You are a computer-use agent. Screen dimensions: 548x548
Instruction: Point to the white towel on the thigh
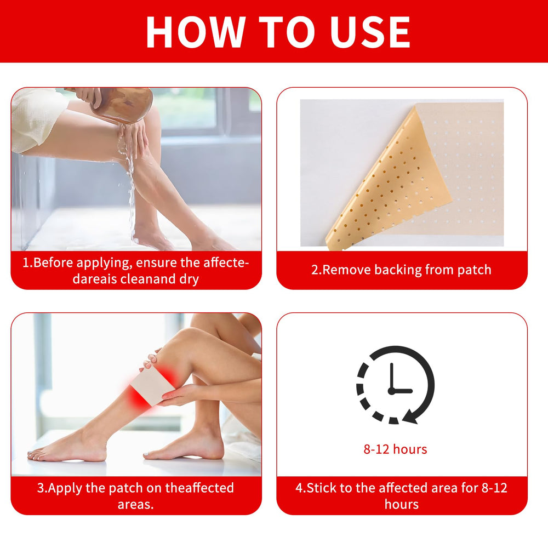pos(36,119)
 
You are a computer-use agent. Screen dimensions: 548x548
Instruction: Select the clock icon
pos(395,385)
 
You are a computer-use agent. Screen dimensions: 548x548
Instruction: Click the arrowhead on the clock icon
pos(410,416)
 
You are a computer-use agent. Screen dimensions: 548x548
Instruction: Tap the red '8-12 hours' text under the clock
pos(395,449)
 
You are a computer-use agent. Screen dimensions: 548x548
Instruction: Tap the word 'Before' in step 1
pos(53,262)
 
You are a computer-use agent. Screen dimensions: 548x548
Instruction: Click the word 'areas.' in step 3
pos(135,505)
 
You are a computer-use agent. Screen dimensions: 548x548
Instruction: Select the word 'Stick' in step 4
pos(321,488)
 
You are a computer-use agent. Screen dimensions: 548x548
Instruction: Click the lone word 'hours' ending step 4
pos(402,504)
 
